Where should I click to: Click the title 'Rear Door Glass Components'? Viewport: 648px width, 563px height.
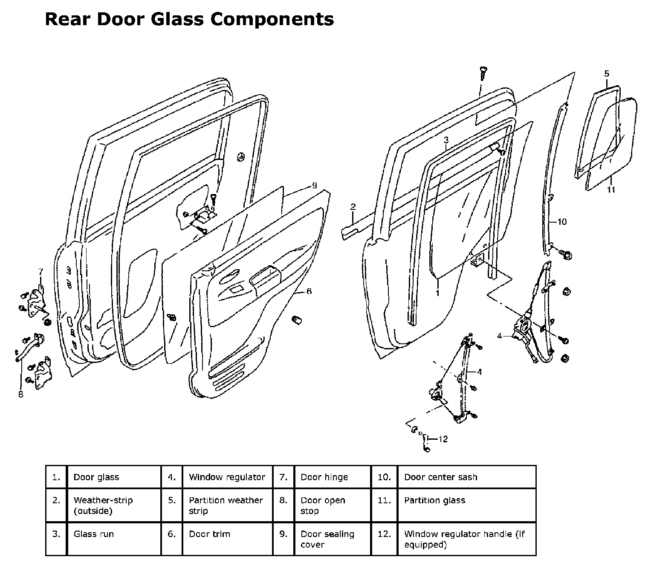pyautogui.click(x=189, y=19)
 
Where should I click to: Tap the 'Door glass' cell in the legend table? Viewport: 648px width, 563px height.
pyautogui.click(x=96, y=477)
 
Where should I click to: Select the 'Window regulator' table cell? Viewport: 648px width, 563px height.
pyautogui.click(x=227, y=477)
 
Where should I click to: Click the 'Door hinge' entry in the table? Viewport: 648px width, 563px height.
pyautogui.click(x=324, y=477)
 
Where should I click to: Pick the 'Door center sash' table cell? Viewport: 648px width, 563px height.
pyautogui.click(x=440, y=477)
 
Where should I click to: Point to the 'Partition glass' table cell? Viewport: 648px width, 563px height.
pyautogui.click(x=434, y=500)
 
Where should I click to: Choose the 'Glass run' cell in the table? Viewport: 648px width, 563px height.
pyautogui.click(x=94, y=534)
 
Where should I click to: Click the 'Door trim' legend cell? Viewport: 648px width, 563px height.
pyautogui.click(x=209, y=534)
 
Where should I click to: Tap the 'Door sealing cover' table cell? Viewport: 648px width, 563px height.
pyautogui.click(x=327, y=539)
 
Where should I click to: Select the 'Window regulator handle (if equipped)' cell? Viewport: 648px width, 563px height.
pyautogui.click(x=464, y=539)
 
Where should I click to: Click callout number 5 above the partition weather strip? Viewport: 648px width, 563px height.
pyautogui.click(x=607, y=74)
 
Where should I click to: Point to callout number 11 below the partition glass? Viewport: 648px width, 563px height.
pyautogui.click(x=611, y=190)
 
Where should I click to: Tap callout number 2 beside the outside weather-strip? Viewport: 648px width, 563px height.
pyautogui.click(x=353, y=207)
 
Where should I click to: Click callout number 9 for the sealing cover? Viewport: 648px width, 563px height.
pyautogui.click(x=314, y=186)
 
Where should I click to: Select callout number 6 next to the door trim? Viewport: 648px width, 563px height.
pyautogui.click(x=309, y=291)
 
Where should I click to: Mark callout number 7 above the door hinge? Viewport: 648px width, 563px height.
pyautogui.click(x=41, y=271)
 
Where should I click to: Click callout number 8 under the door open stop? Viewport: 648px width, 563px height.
pyautogui.click(x=20, y=395)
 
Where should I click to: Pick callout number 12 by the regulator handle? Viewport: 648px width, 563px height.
pyautogui.click(x=443, y=439)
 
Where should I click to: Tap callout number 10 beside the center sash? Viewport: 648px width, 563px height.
pyautogui.click(x=562, y=222)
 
